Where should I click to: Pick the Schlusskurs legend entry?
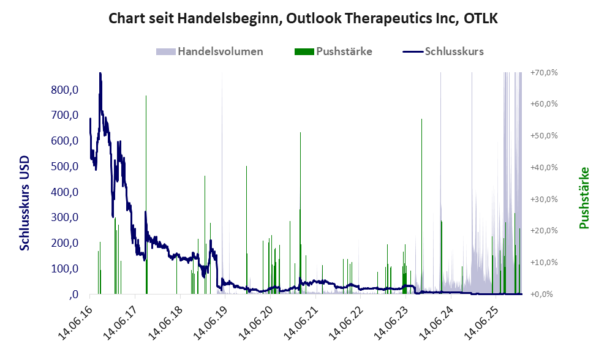(x=454, y=51)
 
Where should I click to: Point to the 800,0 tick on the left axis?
(x=66, y=90)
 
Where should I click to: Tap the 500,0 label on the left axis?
(x=66, y=167)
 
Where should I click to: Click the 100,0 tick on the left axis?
(x=66, y=269)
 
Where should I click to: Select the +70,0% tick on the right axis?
(x=545, y=72)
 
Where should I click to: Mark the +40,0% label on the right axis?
(x=545, y=167)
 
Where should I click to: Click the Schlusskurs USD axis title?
(x=25, y=203)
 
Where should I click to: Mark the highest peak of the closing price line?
(x=100, y=74)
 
